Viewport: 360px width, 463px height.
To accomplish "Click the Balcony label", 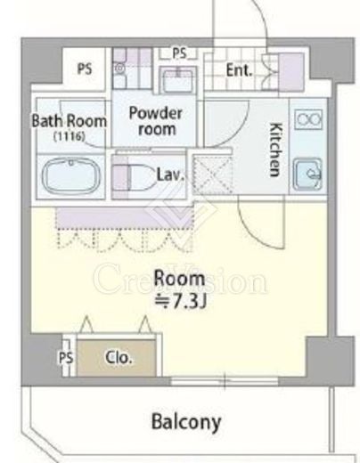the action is (186, 422).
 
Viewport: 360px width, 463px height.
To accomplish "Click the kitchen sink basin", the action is (307, 174).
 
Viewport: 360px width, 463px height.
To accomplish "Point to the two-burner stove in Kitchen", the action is (308, 119).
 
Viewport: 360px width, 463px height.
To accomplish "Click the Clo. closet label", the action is (119, 358).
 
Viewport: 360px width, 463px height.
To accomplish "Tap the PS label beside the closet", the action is (66, 358).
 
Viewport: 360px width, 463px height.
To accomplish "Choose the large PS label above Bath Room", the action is (85, 69).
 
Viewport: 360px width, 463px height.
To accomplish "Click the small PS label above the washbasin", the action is (179, 53).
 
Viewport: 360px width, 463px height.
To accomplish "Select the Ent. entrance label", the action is (239, 70).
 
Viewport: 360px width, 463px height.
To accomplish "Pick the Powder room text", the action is (156, 121).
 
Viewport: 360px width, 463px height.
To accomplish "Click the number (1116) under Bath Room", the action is (70, 136).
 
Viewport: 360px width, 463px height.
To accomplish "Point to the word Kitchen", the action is (275, 150).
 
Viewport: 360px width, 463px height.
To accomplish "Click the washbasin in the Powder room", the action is (177, 79).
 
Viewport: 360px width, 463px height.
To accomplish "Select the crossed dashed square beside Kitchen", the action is (212, 175).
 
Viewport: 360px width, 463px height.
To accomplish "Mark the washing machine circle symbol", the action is (119, 69).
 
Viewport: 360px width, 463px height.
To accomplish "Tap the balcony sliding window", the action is (225, 381).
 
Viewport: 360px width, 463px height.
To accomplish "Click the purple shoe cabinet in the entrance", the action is (291, 72).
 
